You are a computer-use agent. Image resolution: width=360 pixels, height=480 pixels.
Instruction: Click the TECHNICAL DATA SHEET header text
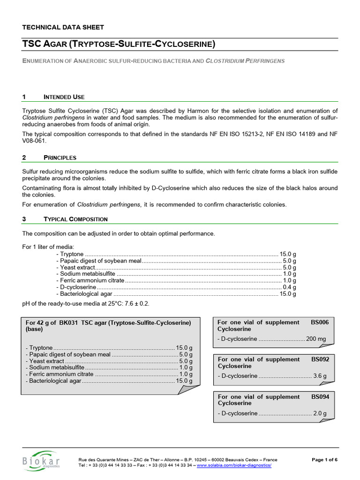(x=63, y=27)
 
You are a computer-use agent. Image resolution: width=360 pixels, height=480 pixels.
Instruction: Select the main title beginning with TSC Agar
(x=119, y=45)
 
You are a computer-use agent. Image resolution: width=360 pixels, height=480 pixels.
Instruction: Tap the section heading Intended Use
(x=64, y=97)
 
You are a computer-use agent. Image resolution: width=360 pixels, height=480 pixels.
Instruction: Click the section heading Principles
(x=60, y=157)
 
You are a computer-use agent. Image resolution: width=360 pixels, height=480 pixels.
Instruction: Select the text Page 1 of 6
(x=324, y=460)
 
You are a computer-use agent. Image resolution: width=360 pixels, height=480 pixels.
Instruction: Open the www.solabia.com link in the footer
(x=234, y=465)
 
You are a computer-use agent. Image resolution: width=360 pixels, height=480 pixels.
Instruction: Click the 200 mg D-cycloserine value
(x=316, y=339)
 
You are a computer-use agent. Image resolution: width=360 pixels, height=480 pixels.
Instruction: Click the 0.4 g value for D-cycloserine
(x=289, y=287)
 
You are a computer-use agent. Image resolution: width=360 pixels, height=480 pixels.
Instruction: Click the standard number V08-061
(x=34, y=141)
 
